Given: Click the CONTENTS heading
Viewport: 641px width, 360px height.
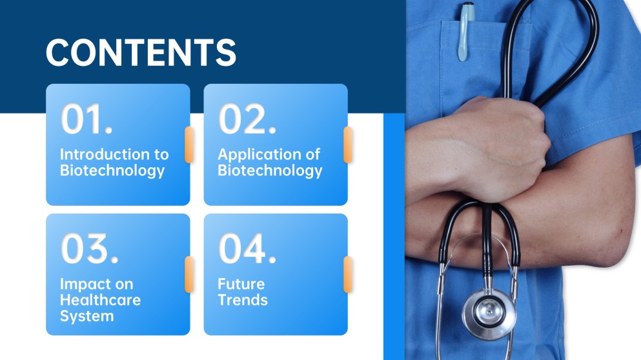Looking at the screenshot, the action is (141, 52).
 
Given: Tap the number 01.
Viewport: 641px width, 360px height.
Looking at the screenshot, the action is (86, 119).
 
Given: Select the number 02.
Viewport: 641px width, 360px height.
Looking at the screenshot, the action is (247, 119).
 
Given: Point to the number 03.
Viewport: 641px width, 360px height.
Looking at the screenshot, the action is (90, 248).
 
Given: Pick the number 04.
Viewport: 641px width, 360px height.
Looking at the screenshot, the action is (247, 248).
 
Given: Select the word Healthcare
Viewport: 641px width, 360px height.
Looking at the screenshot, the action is (101, 300).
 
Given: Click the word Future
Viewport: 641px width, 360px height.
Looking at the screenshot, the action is (241, 284).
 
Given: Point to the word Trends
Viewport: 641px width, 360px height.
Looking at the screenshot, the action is (243, 300).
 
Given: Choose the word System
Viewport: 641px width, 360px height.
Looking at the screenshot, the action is (86, 317).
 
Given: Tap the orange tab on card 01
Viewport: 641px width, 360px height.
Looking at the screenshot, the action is (189, 145).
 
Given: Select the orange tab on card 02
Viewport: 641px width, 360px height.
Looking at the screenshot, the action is (348, 145).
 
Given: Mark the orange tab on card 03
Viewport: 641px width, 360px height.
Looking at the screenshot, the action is (189, 274).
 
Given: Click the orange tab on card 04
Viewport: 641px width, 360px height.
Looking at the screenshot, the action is (348, 274).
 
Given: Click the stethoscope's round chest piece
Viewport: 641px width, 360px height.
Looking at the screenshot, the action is (489, 314).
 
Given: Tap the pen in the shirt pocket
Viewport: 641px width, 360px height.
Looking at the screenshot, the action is (465, 32).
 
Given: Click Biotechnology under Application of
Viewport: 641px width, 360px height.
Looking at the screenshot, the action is (270, 171).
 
